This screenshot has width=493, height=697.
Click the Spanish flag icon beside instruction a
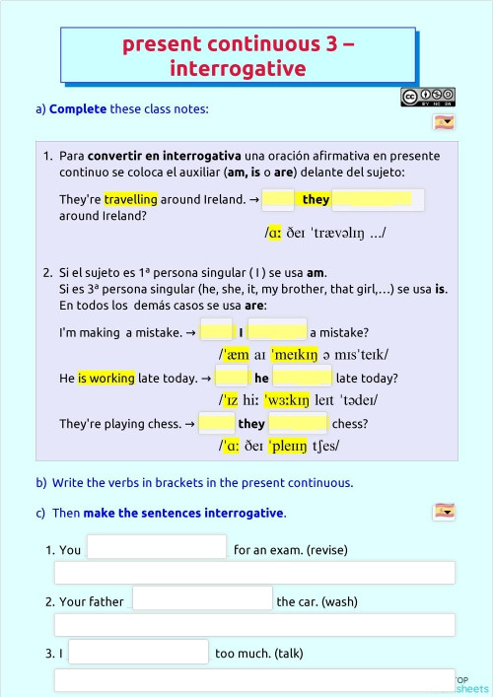444,123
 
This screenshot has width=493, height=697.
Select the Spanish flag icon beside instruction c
444,511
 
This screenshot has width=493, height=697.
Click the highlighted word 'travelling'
131,199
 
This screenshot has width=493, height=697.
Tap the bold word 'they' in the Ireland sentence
316,199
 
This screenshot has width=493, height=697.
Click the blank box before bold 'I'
216,331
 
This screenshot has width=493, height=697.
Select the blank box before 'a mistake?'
277,331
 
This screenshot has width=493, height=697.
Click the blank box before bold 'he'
232,378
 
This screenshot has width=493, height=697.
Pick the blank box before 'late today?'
303,378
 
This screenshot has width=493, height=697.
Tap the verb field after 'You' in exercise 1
157,547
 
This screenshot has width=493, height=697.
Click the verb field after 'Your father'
202,598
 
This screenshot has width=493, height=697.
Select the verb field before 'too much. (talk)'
139,652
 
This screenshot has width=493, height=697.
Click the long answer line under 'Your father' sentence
254,625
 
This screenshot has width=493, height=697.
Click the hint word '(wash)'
339,601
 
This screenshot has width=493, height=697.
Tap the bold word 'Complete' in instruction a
78,108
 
